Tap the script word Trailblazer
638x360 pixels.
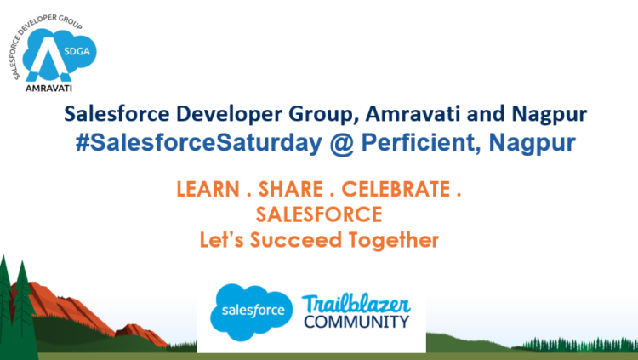(x=356, y=303)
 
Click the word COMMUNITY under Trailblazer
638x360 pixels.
(x=356, y=323)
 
